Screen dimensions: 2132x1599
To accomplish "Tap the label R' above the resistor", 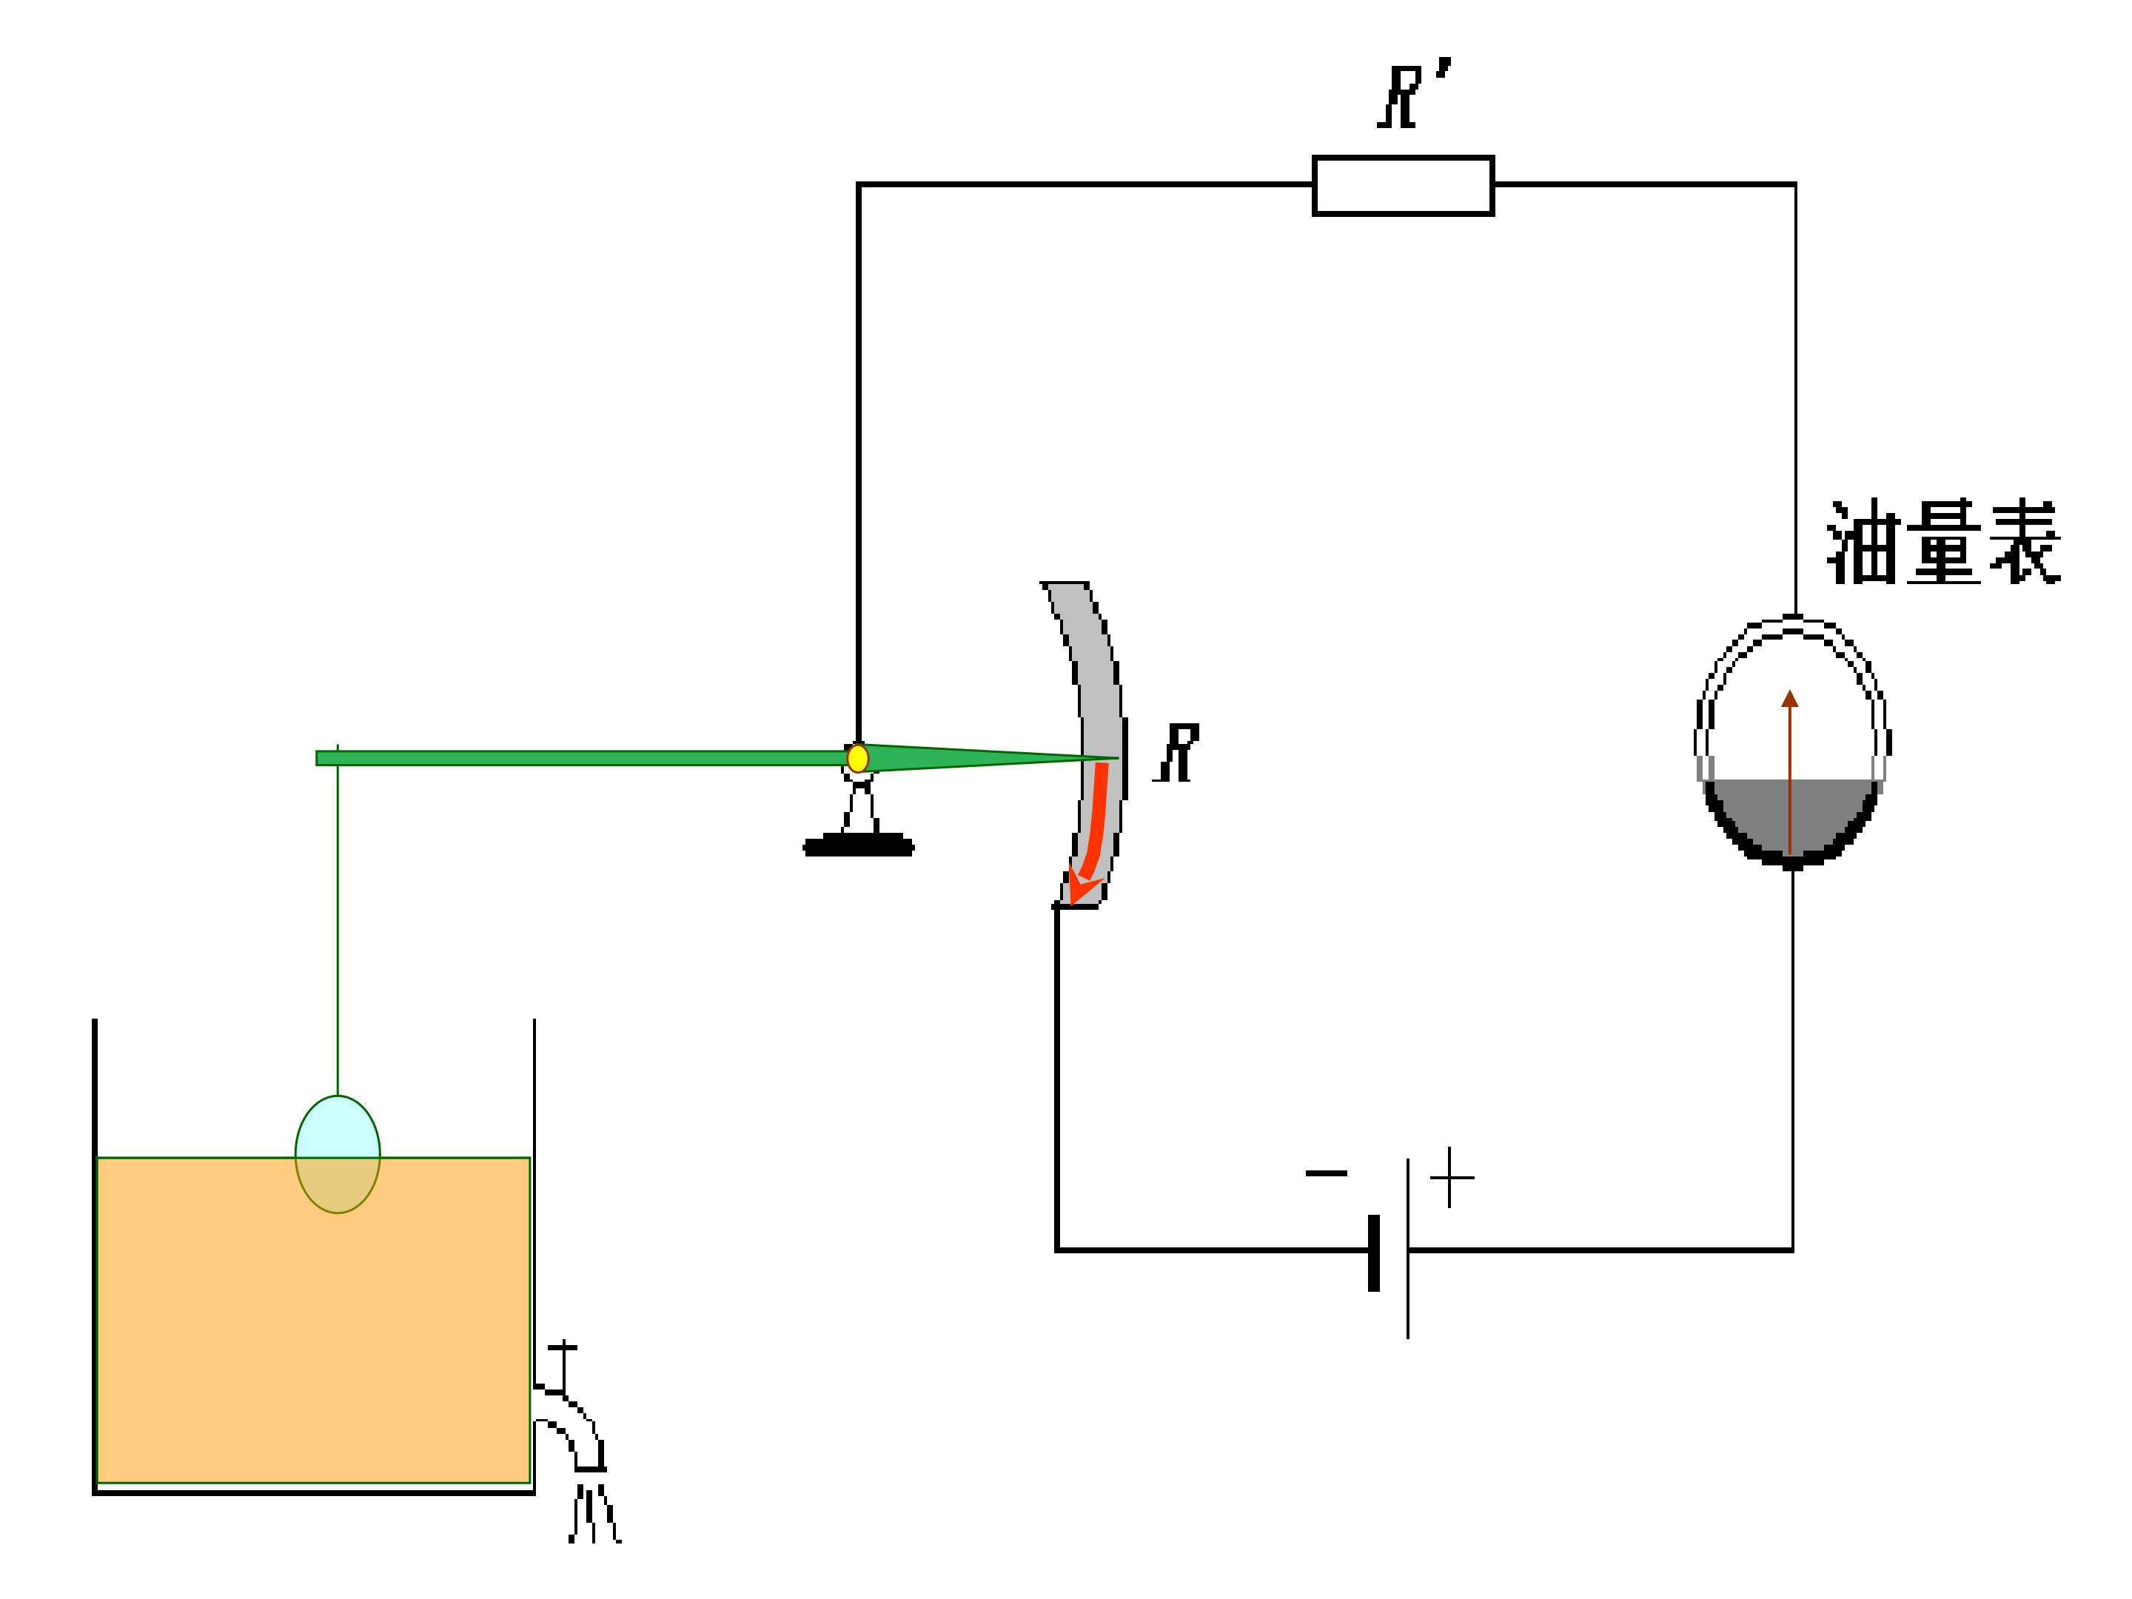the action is tap(1413, 93).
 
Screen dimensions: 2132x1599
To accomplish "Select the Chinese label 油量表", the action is tap(1943, 542).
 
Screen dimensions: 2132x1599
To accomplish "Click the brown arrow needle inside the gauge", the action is tap(1790, 771).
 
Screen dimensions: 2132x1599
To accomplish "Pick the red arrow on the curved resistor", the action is tap(1089, 833).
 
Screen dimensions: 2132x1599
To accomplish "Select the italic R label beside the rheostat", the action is tap(1177, 753).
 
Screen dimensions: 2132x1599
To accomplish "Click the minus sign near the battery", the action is tap(1327, 1173).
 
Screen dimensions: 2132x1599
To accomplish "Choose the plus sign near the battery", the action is tap(1450, 1177).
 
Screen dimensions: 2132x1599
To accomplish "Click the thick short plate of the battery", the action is tap(1373, 1253).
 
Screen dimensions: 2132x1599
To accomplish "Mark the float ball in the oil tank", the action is tap(338, 1153).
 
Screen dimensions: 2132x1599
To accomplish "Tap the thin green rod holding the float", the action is tap(338, 920).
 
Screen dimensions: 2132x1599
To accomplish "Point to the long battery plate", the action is tap(1407, 1248).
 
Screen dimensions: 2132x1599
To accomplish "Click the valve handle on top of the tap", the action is tap(563, 1347).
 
